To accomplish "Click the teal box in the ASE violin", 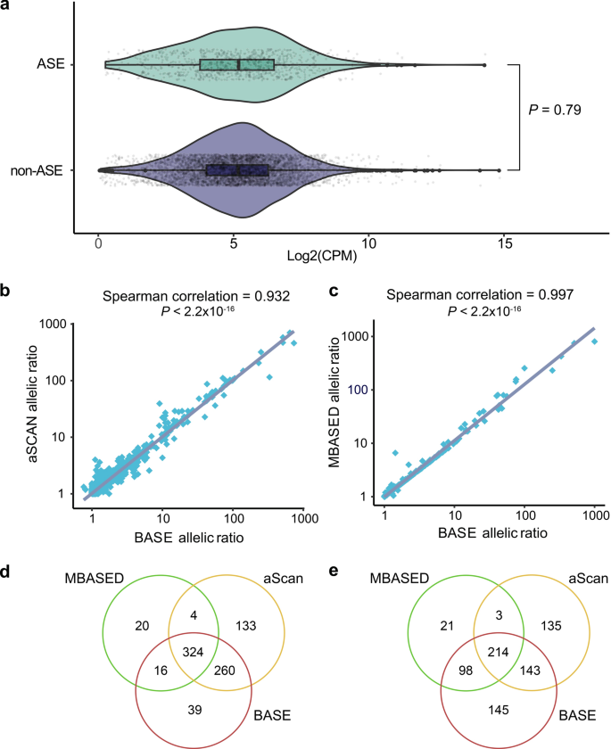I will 237,65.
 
